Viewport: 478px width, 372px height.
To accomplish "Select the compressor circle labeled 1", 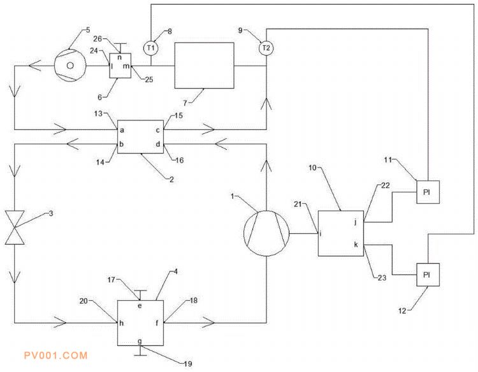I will (x=266, y=232).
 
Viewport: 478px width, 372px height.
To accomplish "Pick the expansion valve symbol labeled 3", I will (x=13, y=227).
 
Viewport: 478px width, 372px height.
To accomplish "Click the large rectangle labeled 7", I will (x=205, y=65).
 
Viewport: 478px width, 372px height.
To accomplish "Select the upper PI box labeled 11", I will (x=428, y=192).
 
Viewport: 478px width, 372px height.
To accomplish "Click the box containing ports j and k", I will (x=341, y=233).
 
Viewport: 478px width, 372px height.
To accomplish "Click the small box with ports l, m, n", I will (x=120, y=66).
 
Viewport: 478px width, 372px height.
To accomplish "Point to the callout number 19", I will (x=187, y=364).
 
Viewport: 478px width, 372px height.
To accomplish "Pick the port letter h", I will (x=121, y=323).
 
